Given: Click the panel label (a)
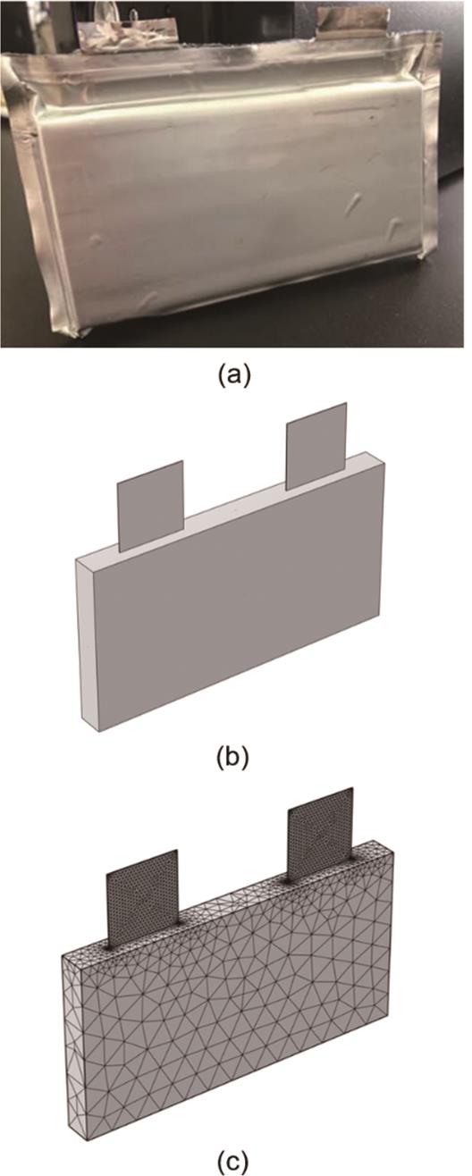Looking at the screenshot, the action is click(x=234, y=375).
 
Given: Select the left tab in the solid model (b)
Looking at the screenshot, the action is click(x=151, y=506).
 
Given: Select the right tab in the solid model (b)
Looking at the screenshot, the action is click(x=316, y=447).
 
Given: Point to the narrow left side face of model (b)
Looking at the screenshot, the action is click(x=88, y=643).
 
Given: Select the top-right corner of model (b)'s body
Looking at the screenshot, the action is click(x=386, y=463).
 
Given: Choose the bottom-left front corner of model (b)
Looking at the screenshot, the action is click(x=98, y=730).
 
